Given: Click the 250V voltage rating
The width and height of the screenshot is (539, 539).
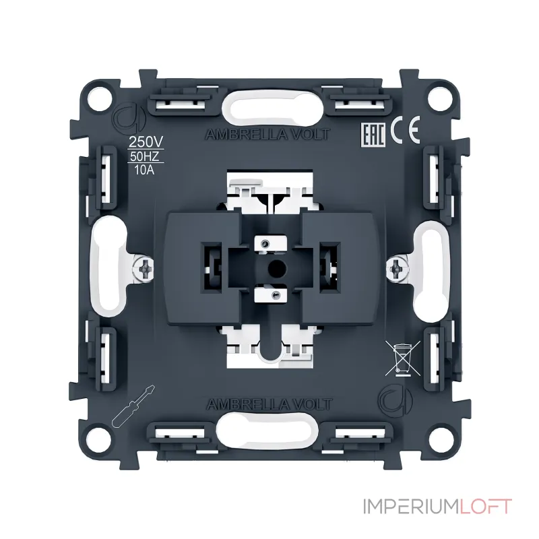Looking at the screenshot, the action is pos(146,141).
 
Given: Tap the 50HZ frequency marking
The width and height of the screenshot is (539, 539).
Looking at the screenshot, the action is pos(145,156).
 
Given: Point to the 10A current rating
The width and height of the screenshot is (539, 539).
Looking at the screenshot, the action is pos(144,170).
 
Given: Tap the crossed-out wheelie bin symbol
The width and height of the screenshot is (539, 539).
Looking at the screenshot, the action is pos(402,358).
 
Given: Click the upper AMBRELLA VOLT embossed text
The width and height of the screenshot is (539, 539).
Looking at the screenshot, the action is pos(267,134).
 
